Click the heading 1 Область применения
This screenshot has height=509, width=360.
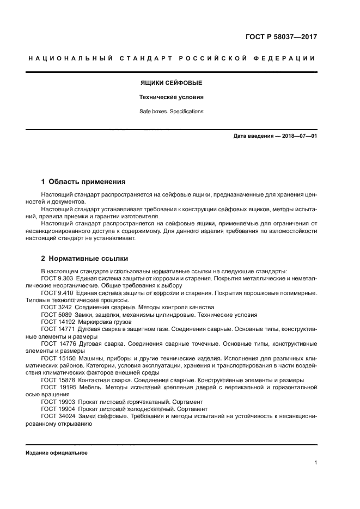click(84, 182)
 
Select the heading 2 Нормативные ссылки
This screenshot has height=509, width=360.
click(84, 259)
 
